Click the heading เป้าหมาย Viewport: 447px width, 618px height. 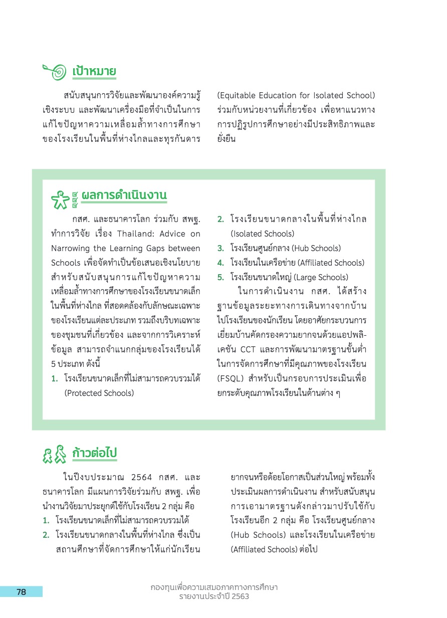point(94,71)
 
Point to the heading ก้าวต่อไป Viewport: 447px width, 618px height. point(94,453)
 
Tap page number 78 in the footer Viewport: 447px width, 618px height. point(21,592)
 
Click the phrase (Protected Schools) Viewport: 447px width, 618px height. point(99,393)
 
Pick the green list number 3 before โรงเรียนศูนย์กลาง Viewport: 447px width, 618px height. point(220,248)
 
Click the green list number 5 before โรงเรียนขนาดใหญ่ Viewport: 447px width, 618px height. point(220,277)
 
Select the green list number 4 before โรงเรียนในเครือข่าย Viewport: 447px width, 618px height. point(220,263)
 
